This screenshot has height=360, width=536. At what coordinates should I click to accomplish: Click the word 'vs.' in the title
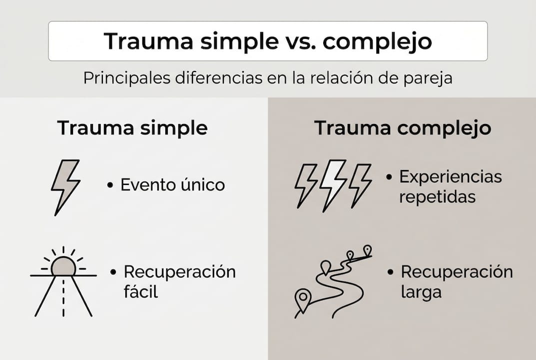pos(298,41)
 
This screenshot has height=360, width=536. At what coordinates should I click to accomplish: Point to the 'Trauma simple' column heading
pos(132,128)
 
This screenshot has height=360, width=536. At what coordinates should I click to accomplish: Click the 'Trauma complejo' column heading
pos(402,128)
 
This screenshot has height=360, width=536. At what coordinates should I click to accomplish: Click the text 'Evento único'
pos(173,185)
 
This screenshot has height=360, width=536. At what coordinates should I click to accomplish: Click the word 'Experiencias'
pos(450,176)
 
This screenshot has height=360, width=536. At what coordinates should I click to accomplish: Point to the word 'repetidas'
pos(438,196)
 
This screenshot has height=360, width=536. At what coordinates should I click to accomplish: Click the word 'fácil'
pos(141,291)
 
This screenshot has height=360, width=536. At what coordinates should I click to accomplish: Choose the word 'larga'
pos(421,291)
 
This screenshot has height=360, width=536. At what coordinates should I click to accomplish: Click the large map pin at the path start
pos(302,298)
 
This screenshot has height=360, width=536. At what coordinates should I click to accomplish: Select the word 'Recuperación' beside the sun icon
pos(180,272)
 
